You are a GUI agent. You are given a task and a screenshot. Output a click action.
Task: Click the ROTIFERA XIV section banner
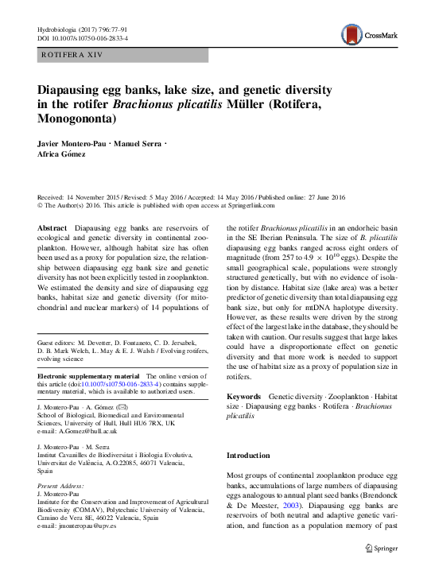123,55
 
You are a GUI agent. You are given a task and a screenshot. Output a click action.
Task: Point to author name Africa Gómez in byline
64,153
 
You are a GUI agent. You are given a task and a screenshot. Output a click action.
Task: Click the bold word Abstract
52,227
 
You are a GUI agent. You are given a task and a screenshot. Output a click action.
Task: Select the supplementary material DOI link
124,383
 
